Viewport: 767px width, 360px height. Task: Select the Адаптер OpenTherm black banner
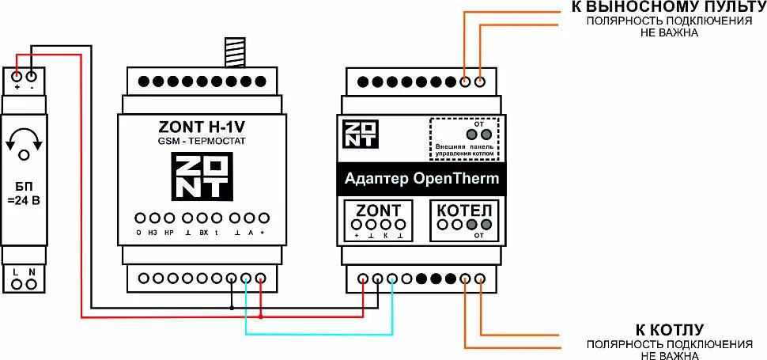point(422,179)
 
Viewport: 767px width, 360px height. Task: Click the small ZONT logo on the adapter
point(360,133)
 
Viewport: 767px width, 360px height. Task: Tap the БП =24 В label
point(24,191)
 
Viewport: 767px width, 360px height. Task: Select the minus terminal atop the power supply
point(32,77)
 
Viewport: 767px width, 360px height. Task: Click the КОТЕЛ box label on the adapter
point(465,210)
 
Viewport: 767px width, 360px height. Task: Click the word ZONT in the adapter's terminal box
point(379,210)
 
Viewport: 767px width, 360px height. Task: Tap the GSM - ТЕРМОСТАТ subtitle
point(202,141)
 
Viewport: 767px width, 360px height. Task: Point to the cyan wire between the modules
point(316,334)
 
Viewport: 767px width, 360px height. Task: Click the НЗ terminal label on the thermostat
point(153,233)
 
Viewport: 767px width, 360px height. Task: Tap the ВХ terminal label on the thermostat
point(203,233)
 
